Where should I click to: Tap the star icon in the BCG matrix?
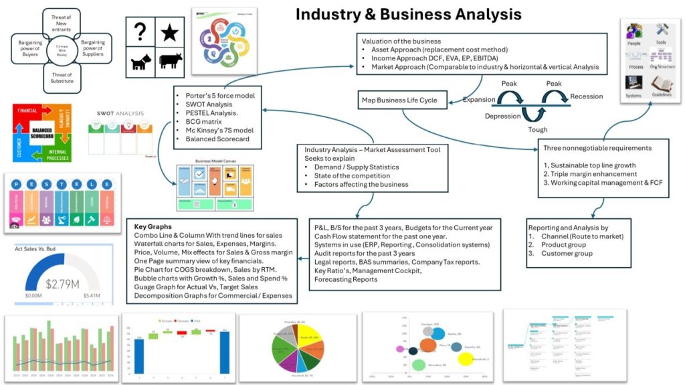click(x=171, y=31)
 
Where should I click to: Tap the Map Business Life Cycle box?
click(x=399, y=100)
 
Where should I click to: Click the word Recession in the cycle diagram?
click(x=586, y=96)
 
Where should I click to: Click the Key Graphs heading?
click(x=153, y=227)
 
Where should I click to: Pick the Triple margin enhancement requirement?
click(x=586, y=173)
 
